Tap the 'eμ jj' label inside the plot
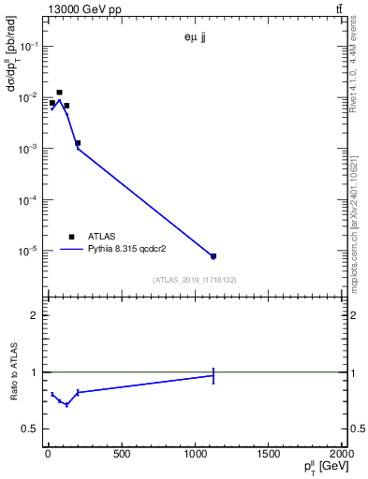(195, 38)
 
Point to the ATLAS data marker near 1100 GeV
(213, 256)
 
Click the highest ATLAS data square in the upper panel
(59, 93)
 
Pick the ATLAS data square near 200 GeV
(78, 143)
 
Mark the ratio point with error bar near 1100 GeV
(213, 375)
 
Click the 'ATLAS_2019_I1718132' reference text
(195, 280)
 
